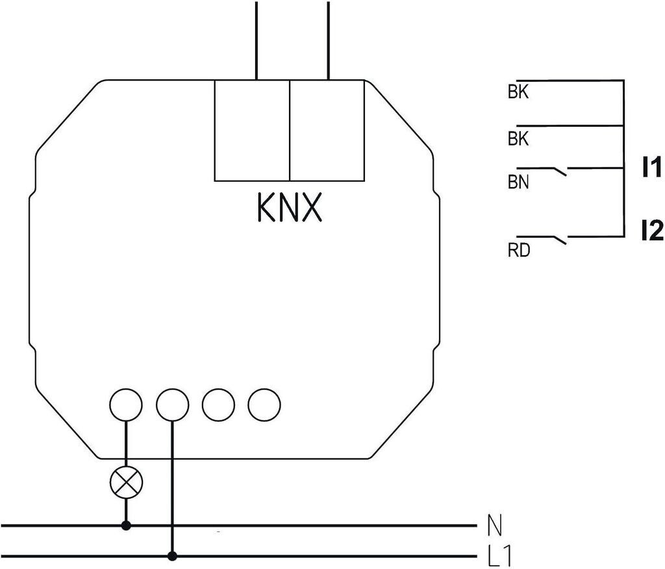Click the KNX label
click(x=290, y=208)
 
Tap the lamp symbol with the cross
click(x=126, y=483)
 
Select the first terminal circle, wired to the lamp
click(x=125, y=405)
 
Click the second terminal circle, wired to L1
click(x=172, y=405)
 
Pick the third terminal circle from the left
click(x=218, y=405)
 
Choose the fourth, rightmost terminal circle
click(x=264, y=405)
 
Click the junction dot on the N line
click(x=126, y=525)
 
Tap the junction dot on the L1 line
click(x=172, y=556)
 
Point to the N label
click(x=494, y=525)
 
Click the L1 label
click(x=499, y=555)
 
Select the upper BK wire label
click(x=518, y=92)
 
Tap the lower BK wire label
click(x=518, y=139)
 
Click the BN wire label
click(x=518, y=182)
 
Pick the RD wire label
click(x=519, y=250)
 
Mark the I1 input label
click(x=651, y=167)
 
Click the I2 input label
click(x=652, y=232)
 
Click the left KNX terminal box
click(x=252, y=131)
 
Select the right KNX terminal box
click(x=327, y=131)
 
